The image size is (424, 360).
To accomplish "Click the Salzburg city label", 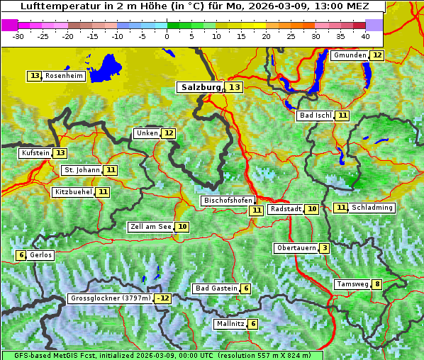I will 201,87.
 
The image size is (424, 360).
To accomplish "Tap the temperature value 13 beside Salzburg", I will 235,87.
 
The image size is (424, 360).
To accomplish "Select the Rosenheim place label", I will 63,76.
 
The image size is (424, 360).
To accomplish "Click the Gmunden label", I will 350,55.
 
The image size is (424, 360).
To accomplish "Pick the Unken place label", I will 147,133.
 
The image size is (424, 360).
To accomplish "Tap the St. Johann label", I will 81,170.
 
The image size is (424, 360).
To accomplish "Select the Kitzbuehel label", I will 73,192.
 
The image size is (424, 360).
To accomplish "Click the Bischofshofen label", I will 227,201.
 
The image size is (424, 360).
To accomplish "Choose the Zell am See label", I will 150,227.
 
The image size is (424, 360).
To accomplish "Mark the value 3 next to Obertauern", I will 324,248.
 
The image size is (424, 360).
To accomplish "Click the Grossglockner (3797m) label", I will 111,298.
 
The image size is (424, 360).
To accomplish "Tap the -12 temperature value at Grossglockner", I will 164,298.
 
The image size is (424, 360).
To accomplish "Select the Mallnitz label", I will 230,324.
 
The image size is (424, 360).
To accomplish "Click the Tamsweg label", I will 352,284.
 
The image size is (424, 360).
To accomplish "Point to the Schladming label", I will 372,208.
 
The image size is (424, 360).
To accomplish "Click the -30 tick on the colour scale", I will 18,35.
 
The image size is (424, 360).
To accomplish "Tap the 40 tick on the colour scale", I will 365,35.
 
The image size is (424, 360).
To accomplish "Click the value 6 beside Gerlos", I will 21,255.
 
